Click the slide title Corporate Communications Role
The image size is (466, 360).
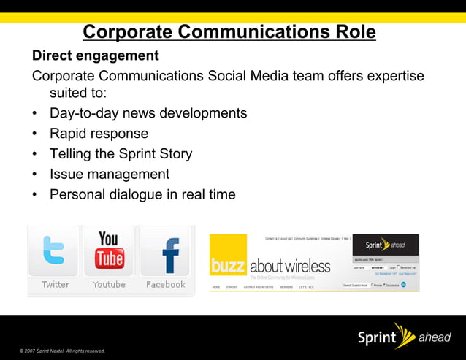pyautogui.click(x=229, y=32)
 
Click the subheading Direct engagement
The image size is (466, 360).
pyautogui.click(x=95, y=55)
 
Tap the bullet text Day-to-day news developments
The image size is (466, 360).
pyautogui.click(x=148, y=113)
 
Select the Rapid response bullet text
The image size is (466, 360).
pyautogui.click(x=99, y=134)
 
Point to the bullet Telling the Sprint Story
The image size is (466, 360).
pyautogui.click(x=121, y=154)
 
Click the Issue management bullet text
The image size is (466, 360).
pyautogui.click(x=110, y=175)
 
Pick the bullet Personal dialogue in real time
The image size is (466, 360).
pyautogui.click(x=142, y=194)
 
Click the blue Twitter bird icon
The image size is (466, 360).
pyautogui.click(x=55, y=251)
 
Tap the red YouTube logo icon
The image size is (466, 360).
pyautogui.click(x=109, y=250)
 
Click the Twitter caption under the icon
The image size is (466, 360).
pyautogui.click(x=56, y=285)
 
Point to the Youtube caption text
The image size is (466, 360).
pyautogui.click(x=109, y=285)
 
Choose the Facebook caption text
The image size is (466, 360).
pyautogui.click(x=166, y=285)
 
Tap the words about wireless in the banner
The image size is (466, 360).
pyautogui.click(x=289, y=266)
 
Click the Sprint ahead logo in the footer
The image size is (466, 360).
pyautogui.click(x=398, y=337)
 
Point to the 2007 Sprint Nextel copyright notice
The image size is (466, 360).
pyautogui.click(x=62, y=351)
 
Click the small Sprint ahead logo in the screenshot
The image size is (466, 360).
pyautogui.click(x=385, y=245)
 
